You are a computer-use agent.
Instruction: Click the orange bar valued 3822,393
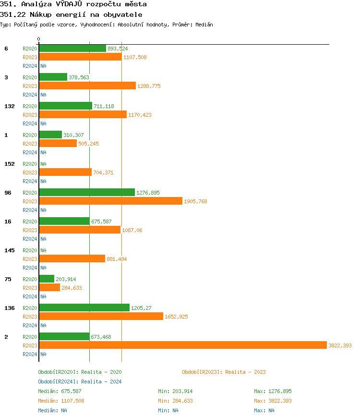[182, 345]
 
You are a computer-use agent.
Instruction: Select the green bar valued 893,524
[72, 48]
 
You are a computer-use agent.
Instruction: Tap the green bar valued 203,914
[47, 279]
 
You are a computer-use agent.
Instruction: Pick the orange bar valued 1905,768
[110, 201]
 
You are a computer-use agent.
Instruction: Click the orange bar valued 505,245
[58, 143]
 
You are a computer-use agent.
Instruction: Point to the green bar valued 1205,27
[84, 308]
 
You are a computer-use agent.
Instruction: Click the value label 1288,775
[149, 86]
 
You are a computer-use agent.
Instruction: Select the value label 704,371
[103, 173]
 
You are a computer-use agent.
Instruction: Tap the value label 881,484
[117, 259]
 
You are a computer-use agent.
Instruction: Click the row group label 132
[9, 106]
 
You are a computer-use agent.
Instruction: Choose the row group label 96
[8, 193]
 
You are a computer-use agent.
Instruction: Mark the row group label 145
[9, 250]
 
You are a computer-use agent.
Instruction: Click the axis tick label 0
[39, 39]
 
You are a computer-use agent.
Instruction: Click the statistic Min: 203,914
[175, 391]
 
